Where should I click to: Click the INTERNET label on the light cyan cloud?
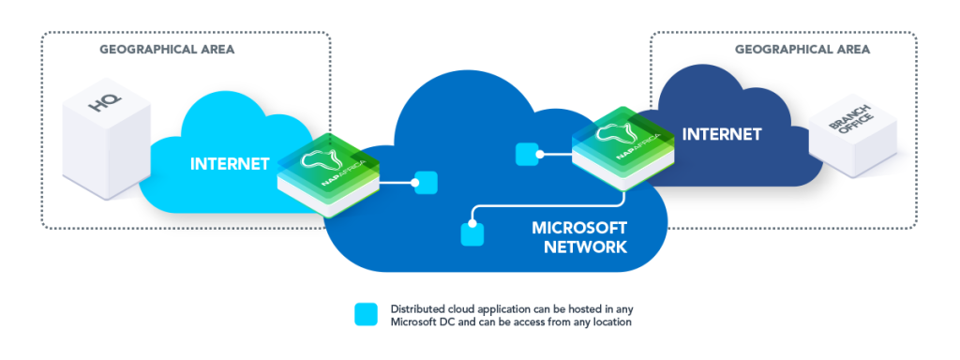click(x=230, y=164)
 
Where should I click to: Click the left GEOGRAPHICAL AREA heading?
click(x=167, y=49)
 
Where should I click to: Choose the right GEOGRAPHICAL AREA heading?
click(x=802, y=49)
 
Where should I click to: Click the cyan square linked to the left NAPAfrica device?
click(x=427, y=183)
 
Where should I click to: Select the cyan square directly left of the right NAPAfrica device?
click(x=527, y=153)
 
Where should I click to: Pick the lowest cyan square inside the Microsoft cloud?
click(x=472, y=233)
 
